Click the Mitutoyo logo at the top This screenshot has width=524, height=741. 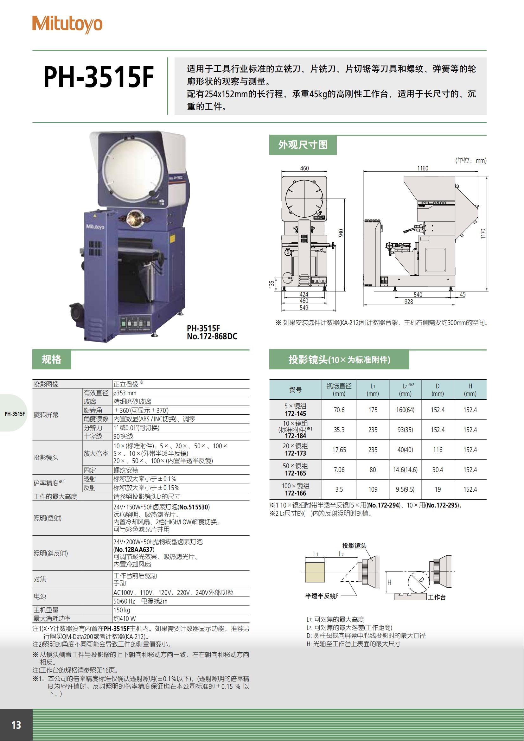67,24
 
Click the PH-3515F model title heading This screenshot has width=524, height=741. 99,77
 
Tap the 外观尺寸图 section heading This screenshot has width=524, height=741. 303,145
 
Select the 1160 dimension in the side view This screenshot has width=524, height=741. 422,168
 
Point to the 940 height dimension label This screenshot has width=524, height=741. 341,233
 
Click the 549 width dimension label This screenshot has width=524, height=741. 304,308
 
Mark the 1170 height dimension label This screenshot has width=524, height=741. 483,234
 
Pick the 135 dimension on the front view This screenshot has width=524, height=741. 272,284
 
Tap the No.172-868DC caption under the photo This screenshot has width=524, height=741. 212,336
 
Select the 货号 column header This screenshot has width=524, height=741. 295,390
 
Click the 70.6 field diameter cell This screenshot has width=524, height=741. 339,410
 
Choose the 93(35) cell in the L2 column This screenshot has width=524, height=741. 405,430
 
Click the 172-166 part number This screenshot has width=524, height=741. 295,493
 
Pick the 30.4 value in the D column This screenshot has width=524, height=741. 438,470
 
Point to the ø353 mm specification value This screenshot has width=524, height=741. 125,393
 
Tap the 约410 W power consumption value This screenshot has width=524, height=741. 125,618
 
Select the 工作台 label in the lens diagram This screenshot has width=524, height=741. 437,597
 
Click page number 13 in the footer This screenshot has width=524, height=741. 16,725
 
